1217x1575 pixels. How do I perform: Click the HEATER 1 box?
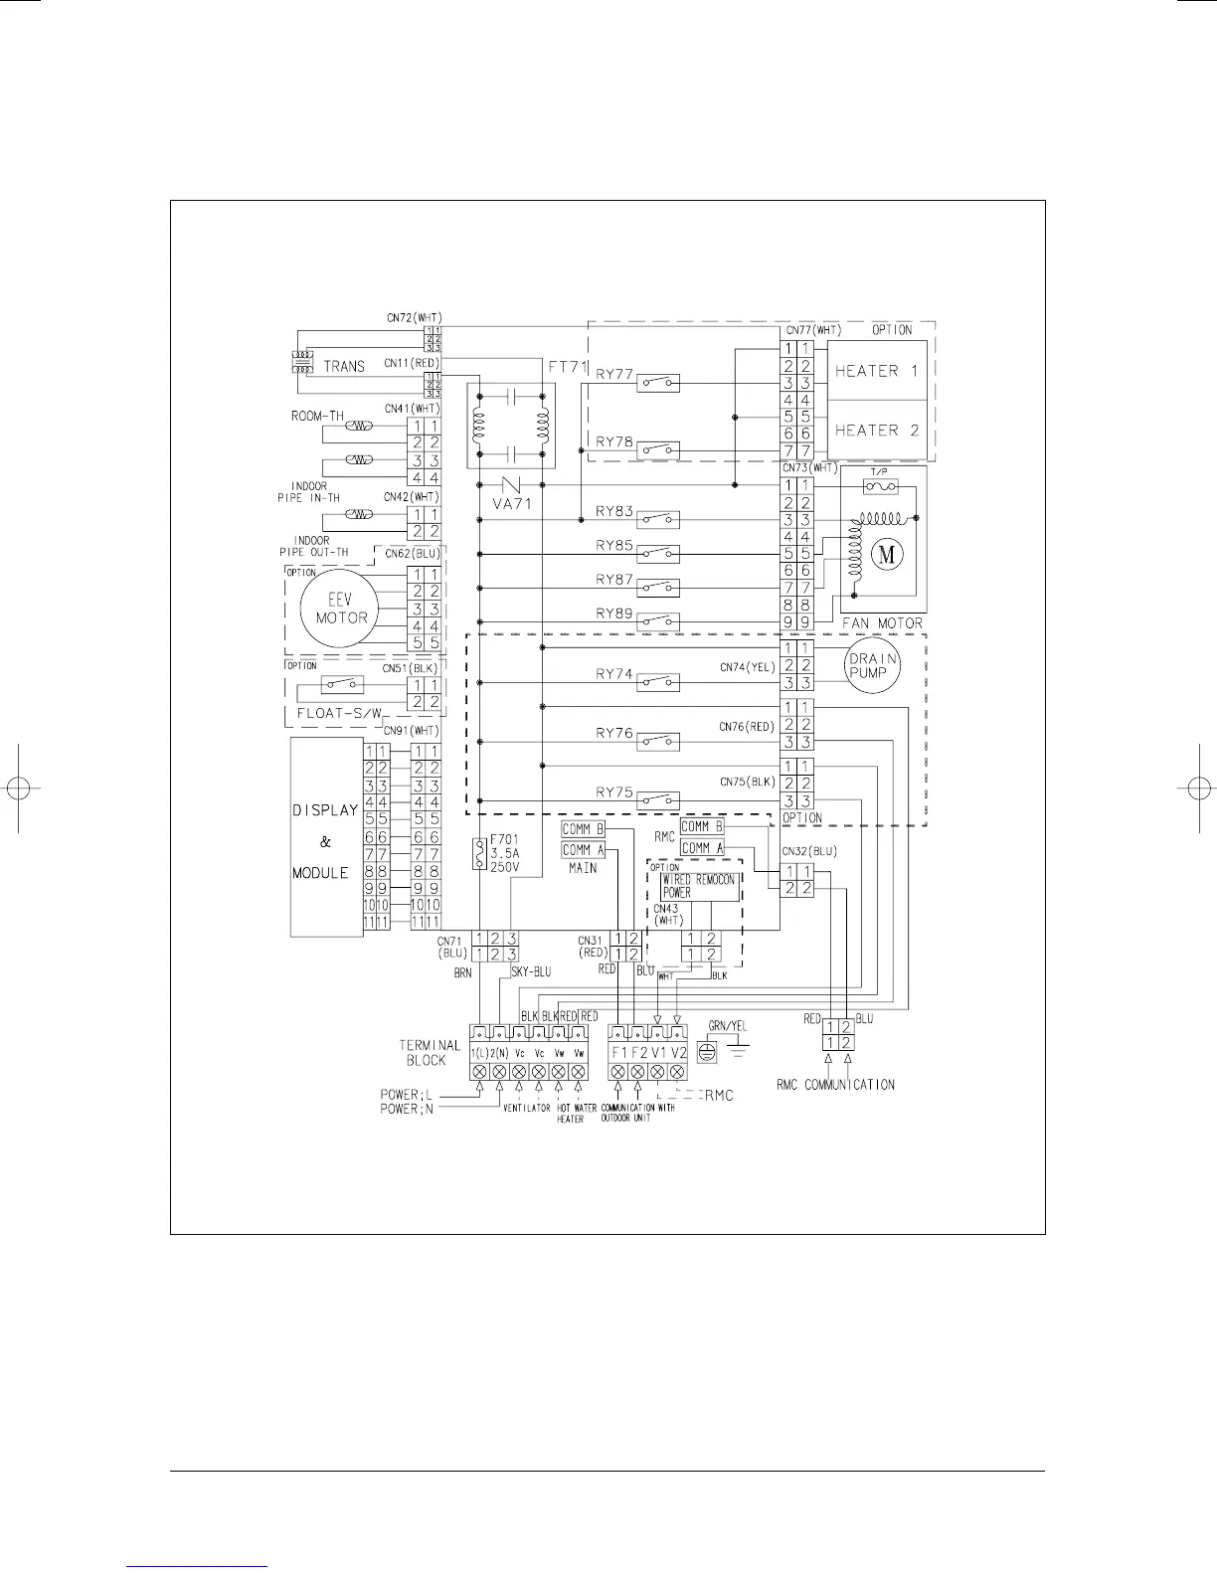click(877, 371)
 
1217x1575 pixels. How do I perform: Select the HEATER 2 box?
click(877, 431)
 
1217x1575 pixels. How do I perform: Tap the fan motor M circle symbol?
click(887, 555)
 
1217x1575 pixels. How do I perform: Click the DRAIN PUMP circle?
click(873, 666)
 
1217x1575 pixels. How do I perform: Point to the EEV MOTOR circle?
click(342, 608)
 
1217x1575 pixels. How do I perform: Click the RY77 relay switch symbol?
click(658, 382)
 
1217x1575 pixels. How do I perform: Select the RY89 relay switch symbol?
click(658, 620)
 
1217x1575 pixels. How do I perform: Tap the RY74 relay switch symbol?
click(658, 682)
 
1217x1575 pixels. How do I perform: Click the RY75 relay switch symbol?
click(658, 799)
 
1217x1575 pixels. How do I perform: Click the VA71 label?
click(513, 503)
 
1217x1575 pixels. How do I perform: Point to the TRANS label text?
click(344, 366)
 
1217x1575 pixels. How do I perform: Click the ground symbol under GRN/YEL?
click(707, 1051)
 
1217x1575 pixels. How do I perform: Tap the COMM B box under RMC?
click(702, 827)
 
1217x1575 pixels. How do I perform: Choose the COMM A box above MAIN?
click(583, 850)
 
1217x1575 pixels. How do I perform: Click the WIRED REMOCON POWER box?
click(700, 887)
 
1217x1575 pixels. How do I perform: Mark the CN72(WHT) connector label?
click(414, 318)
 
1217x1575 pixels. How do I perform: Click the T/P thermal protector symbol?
click(880, 486)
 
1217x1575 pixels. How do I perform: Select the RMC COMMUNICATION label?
click(835, 1084)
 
